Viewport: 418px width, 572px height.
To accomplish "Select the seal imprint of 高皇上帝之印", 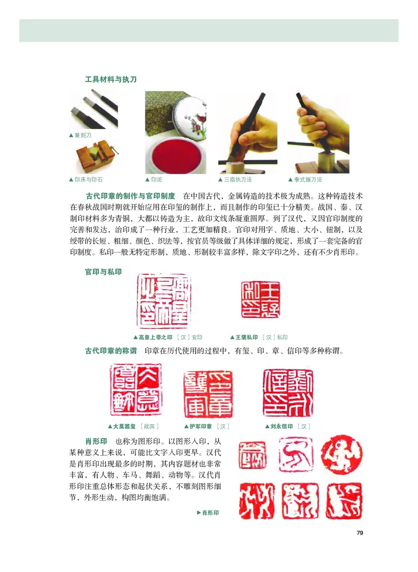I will pyautogui.click(x=164, y=300).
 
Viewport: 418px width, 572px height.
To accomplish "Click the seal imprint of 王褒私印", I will pyautogui.click(x=260, y=299).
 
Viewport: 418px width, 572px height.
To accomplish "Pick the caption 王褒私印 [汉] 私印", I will pyautogui.click(x=259, y=337).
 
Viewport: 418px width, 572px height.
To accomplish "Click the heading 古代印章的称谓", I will pyautogui.click(x=111, y=350).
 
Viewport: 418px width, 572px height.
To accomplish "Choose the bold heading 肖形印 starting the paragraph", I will pyautogui.click(x=96, y=441).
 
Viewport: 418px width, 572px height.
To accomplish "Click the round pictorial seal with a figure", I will pyautogui.click(x=342, y=454).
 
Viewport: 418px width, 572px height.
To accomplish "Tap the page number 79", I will pyautogui.click(x=359, y=533).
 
